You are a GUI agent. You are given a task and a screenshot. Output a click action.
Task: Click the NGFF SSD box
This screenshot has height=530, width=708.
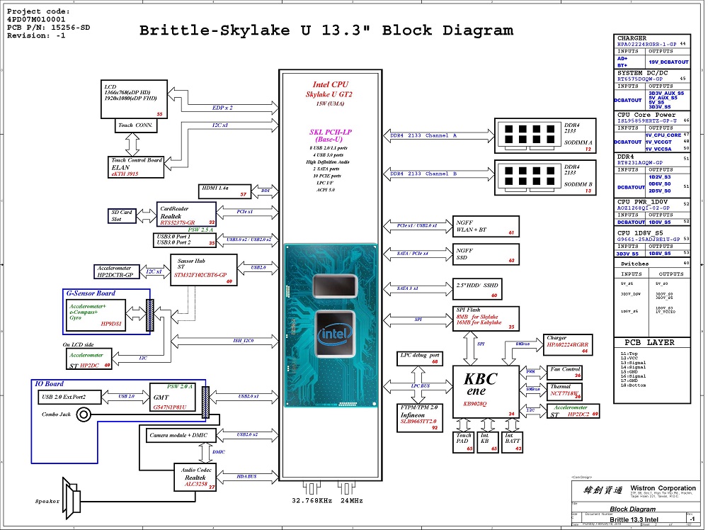point(486,254)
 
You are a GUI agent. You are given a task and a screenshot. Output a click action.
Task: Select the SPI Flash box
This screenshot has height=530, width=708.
point(486,318)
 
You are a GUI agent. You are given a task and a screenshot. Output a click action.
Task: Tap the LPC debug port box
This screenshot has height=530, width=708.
point(420,358)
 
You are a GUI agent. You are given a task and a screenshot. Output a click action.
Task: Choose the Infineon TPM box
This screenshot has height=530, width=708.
point(420,418)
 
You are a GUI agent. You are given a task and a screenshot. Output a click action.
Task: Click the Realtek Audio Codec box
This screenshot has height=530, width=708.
point(195,478)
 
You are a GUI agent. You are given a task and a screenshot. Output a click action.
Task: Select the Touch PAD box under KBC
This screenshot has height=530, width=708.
point(464,441)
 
